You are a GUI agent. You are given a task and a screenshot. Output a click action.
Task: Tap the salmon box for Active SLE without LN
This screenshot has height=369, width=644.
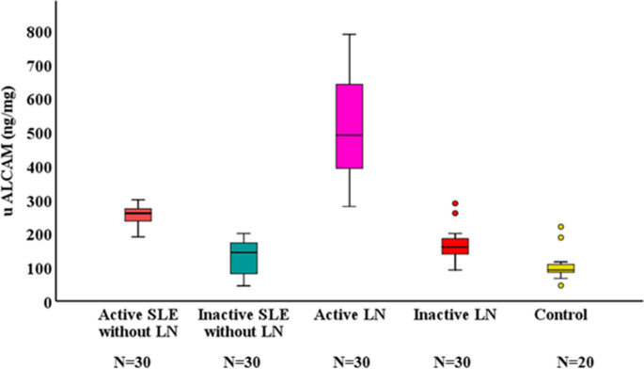pos(138,215)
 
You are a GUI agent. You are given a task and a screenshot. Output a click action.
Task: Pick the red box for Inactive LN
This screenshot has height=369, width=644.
pos(455,246)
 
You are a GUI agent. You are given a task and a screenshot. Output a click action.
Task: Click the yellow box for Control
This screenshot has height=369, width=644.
pos(561,267)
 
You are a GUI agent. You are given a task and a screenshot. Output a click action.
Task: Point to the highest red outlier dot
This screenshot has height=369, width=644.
pos(455,203)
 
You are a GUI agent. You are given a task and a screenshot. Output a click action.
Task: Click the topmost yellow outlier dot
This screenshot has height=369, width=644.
pos(561,227)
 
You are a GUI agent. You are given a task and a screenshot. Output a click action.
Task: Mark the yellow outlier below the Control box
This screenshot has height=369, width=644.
pos(561,285)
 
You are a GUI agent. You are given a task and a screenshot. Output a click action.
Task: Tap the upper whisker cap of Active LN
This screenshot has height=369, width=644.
pos(350,34)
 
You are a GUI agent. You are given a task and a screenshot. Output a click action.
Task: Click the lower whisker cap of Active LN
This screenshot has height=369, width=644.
pos(350,206)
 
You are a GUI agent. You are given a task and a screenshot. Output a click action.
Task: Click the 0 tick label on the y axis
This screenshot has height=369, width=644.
pos(45,301)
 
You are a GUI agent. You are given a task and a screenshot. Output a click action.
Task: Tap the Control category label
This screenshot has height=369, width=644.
pos(560,314)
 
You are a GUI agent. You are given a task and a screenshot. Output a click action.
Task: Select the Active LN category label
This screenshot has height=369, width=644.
pos(349,314)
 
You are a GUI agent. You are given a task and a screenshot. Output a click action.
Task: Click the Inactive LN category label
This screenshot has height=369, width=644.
pos(455,314)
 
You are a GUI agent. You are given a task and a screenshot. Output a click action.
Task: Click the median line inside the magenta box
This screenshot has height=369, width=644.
pos(350,135)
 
